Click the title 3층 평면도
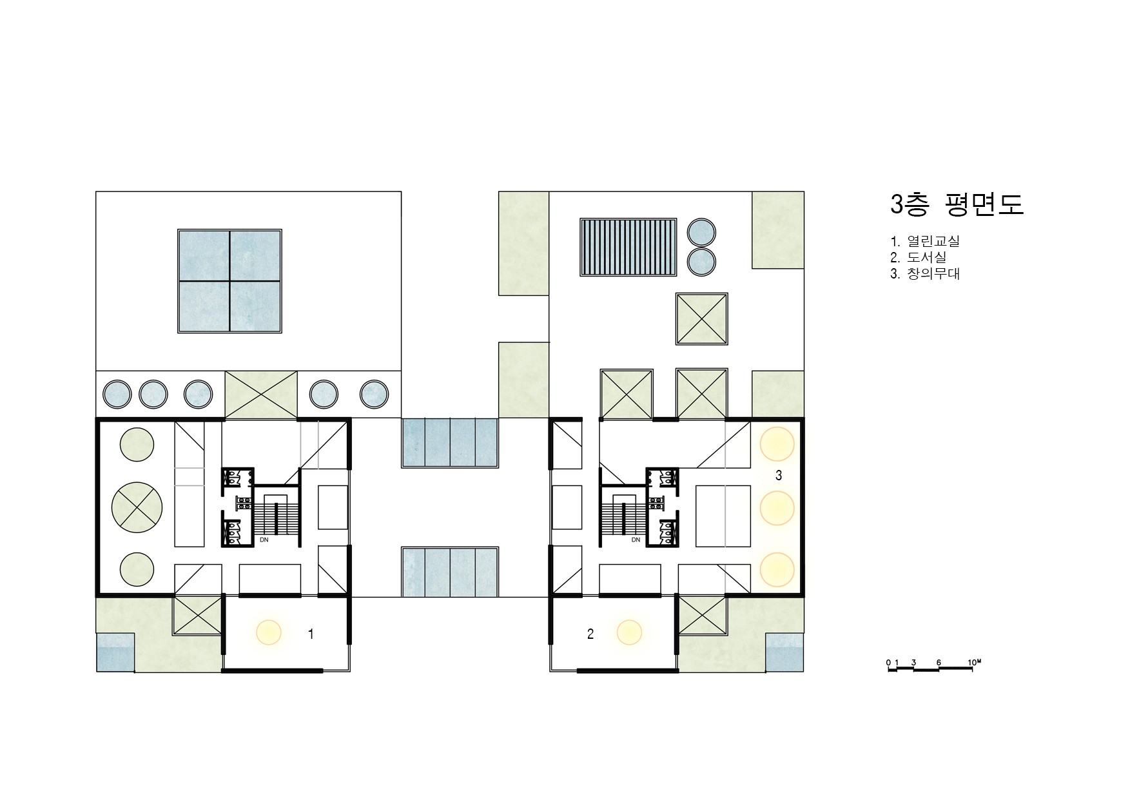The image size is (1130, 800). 956,204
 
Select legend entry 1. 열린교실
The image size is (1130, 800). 925,242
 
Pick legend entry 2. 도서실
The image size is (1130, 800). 919,257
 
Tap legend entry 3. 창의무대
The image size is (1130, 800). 925,273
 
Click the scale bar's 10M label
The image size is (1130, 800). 974,662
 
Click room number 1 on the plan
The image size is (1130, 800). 311,634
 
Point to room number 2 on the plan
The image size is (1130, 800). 590,634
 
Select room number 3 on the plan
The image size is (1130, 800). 779,476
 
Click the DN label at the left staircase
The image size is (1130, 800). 264,540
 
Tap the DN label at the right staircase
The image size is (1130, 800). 636,540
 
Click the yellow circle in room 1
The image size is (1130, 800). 269,632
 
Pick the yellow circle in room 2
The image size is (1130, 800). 629,632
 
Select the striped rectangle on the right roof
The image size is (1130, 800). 628,248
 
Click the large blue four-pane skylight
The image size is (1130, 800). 229,280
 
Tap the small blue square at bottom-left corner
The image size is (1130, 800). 115,652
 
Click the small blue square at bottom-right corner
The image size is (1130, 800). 784,652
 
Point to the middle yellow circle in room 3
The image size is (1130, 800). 777,507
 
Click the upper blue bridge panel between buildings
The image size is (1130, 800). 451,442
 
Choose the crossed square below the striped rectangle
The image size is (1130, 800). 702,318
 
